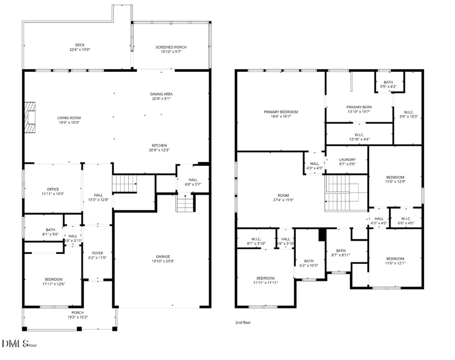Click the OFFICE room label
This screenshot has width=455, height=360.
53,190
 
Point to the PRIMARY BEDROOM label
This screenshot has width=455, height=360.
281,112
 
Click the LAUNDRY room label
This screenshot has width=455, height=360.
347,160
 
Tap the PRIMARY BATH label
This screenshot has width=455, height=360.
359,107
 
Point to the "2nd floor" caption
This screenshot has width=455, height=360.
243,322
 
